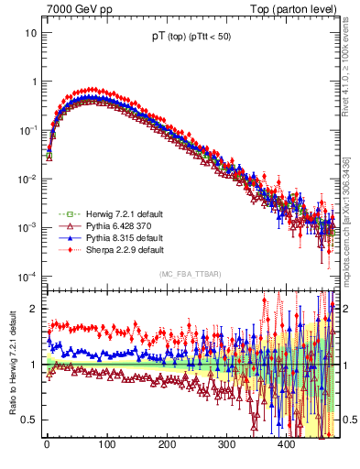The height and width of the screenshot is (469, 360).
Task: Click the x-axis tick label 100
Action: coord(106,443)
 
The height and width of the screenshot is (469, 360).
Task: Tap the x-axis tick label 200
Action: coord(167,443)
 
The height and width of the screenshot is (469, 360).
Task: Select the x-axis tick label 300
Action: coord(226,443)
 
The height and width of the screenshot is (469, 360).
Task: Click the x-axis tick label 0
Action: coord(47,443)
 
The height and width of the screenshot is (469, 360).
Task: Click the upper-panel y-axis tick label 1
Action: coord(34,82)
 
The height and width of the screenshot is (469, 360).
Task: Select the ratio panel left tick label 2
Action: coord(34,309)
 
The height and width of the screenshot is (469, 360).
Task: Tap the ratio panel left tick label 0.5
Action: coord(29,420)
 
